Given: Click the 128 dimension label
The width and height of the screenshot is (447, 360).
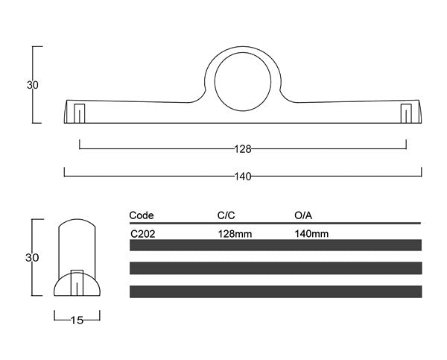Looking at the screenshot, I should (243, 149).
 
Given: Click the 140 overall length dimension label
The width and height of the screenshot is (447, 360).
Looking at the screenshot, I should (243, 177).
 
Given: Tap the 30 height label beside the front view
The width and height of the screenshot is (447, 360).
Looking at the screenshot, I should (32, 85).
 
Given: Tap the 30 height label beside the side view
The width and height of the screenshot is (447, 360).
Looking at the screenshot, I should (32, 258).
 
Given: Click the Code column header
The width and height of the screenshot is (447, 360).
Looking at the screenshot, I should (142, 215).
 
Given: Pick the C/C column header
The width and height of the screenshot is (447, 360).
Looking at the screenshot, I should (226, 215).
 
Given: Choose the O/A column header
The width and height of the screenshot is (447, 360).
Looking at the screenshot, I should (303, 215).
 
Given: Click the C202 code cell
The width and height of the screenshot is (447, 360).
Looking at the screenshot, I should (143, 233).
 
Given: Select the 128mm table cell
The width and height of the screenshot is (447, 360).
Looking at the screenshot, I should (234, 233).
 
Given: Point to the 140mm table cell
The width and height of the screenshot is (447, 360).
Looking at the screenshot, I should (312, 233).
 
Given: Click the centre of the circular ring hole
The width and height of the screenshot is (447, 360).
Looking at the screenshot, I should (243, 80).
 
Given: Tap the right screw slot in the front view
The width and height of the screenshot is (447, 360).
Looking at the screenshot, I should (405, 113).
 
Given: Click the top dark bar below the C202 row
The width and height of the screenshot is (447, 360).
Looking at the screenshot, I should (275, 245).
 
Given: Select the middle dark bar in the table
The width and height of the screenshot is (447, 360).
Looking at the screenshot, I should (275, 268).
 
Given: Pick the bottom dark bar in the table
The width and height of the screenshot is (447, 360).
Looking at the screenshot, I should (275, 291).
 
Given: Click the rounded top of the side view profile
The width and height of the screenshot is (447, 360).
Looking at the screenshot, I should (77, 223).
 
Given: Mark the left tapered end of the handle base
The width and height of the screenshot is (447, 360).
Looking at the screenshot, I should (68, 112).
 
